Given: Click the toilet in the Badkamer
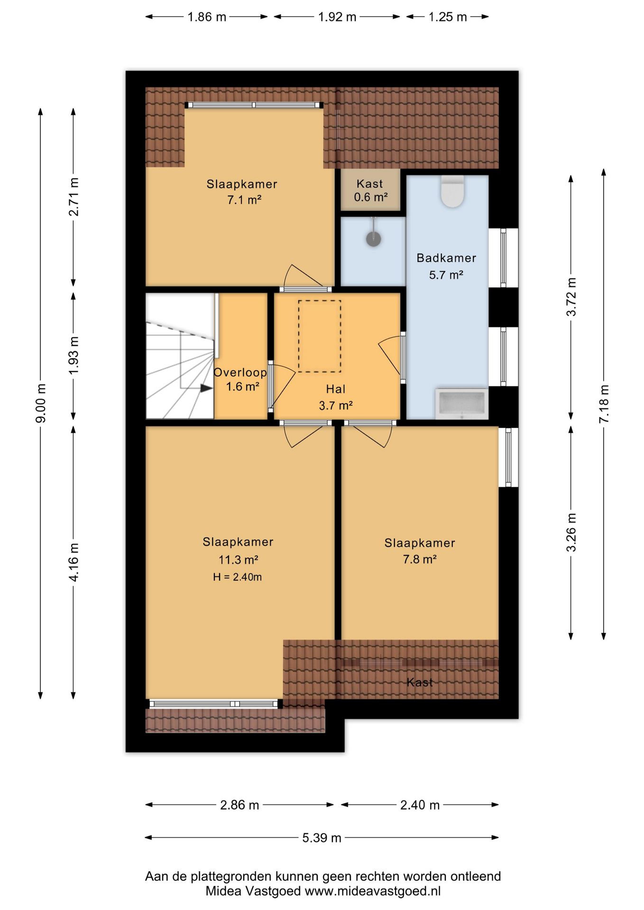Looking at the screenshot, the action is tap(452, 191).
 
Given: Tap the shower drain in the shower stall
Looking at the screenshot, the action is tap(374, 238).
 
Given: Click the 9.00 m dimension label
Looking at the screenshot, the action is tap(41, 403).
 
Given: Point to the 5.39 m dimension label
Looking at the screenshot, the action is tap(322, 837).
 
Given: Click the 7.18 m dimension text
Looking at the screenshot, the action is tap(604, 404).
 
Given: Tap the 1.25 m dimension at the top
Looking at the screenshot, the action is tap(448, 17).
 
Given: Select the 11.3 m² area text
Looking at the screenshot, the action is tap(238, 560).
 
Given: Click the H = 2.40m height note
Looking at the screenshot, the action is tap(237, 577).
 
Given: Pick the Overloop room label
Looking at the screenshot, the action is tap(240, 372).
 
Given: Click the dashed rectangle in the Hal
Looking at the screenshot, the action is tap(320, 336).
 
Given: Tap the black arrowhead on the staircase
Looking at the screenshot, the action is tap(206, 388).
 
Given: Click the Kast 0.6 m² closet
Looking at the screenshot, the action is tap(370, 190).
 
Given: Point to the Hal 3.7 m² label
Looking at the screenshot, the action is tap(336, 397).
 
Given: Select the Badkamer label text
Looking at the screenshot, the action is tap(446, 258).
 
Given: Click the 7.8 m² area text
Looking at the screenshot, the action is tap(420, 559).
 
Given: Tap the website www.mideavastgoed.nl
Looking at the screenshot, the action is tap(373, 891).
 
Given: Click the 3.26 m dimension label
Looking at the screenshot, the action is tap(571, 532).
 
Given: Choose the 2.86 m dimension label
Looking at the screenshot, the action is tap(239, 805).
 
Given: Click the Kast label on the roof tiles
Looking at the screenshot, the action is tap(420, 682).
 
